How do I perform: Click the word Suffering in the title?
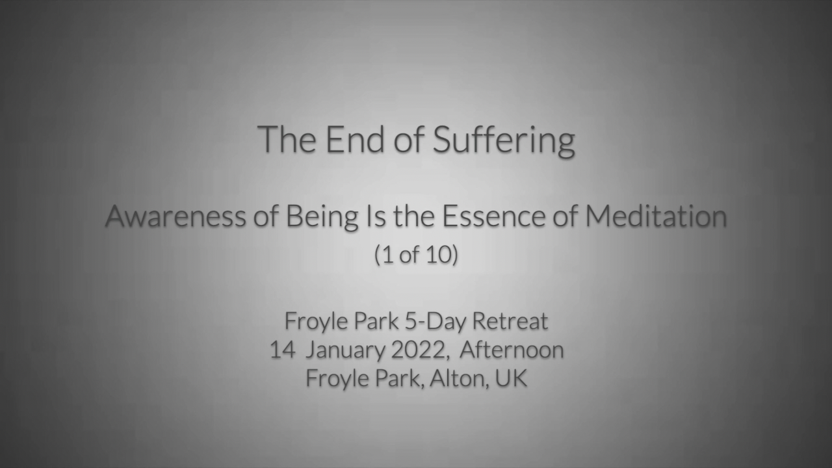pyautogui.click(x=504, y=140)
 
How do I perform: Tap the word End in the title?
pyautogui.click(x=355, y=140)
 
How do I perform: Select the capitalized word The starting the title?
pyautogui.click(x=287, y=140)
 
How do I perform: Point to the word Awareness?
pyautogui.click(x=175, y=216)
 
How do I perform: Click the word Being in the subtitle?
pyautogui.click(x=322, y=218)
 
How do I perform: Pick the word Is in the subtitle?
pyautogui.click(x=376, y=216)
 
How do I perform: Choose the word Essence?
pyautogui.click(x=493, y=216)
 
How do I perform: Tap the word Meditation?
pyautogui.click(x=656, y=216)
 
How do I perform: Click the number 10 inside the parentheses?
pyautogui.click(x=436, y=255)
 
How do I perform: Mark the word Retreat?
pyautogui.click(x=510, y=321)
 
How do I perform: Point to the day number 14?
pyautogui.click(x=283, y=350)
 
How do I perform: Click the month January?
pyautogui.click(x=345, y=352)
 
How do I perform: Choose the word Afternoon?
pyautogui.click(x=512, y=350)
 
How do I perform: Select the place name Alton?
pyautogui.click(x=459, y=378)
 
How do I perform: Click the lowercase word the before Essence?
pyautogui.click(x=414, y=216)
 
